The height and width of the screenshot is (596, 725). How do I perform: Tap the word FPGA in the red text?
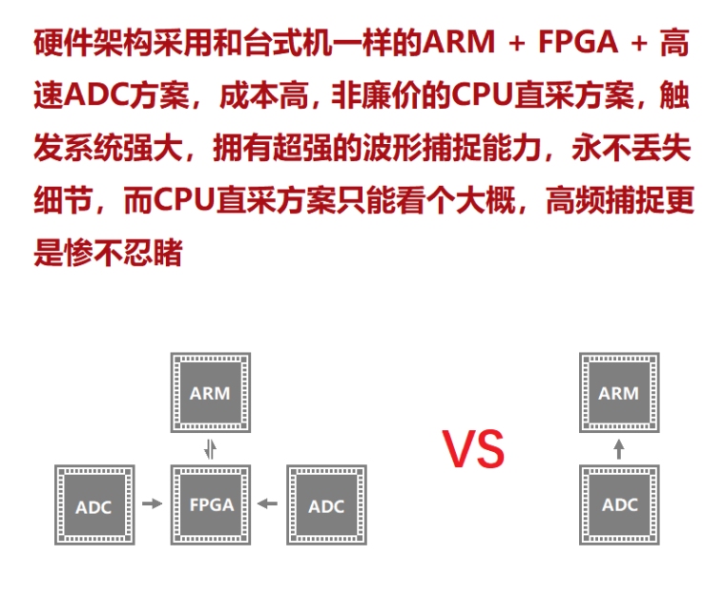pyautogui.click(x=576, y=43)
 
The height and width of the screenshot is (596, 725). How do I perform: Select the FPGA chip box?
pyautogui.click(x=210, y=504)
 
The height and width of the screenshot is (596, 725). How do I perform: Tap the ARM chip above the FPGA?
pyautogui.click(x=210, y=392)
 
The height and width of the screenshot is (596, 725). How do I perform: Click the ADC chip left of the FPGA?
pyautogui.click(x=93, y=504)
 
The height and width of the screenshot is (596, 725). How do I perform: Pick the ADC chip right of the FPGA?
pyautogui.click(x=326, y=504)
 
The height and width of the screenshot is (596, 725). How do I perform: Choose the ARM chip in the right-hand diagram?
pyautogui.click(x=618, y=392)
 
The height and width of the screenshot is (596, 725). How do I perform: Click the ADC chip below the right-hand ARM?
pyautogui.click(x=618, y=504)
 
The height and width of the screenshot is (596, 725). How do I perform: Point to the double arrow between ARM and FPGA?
pyautogui.click(x=211, y=448)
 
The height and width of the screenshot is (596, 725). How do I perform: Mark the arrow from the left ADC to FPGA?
pyautogui.click(x=152, y=504)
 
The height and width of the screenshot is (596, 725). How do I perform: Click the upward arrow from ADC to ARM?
pyautogui.click(x=618, y=448)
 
